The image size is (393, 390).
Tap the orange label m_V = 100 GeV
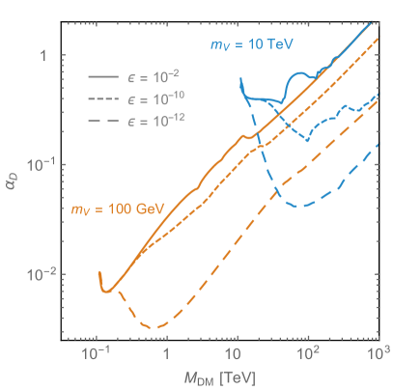(x=110, y=208)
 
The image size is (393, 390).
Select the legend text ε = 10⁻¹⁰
(x=153, y=97)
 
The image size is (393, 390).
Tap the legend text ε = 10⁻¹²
(x=153, y=120)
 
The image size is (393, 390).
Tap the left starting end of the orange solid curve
(x=99, y=273)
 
